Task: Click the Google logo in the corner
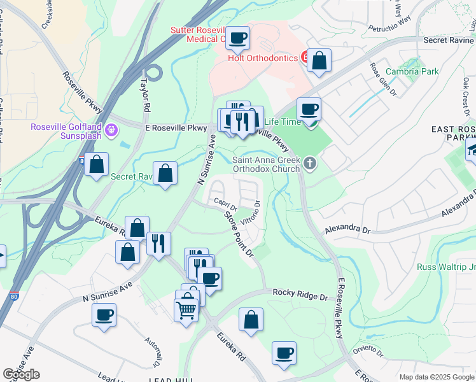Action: (21, 374)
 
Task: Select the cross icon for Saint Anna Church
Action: (310, 164)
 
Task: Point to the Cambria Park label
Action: (412, 72)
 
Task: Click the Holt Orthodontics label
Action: (263, 58)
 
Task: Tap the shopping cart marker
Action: (186, 310)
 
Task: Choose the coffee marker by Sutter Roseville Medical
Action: (238, 38)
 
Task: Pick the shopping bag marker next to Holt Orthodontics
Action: (319, 61)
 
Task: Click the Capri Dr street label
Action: (225, 205)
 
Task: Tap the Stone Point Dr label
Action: (239, 234)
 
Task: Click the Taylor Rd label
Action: (145, 94)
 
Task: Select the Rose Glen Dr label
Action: (384, 78)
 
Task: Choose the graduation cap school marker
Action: (472, 151)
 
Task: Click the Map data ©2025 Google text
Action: (436, 377)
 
